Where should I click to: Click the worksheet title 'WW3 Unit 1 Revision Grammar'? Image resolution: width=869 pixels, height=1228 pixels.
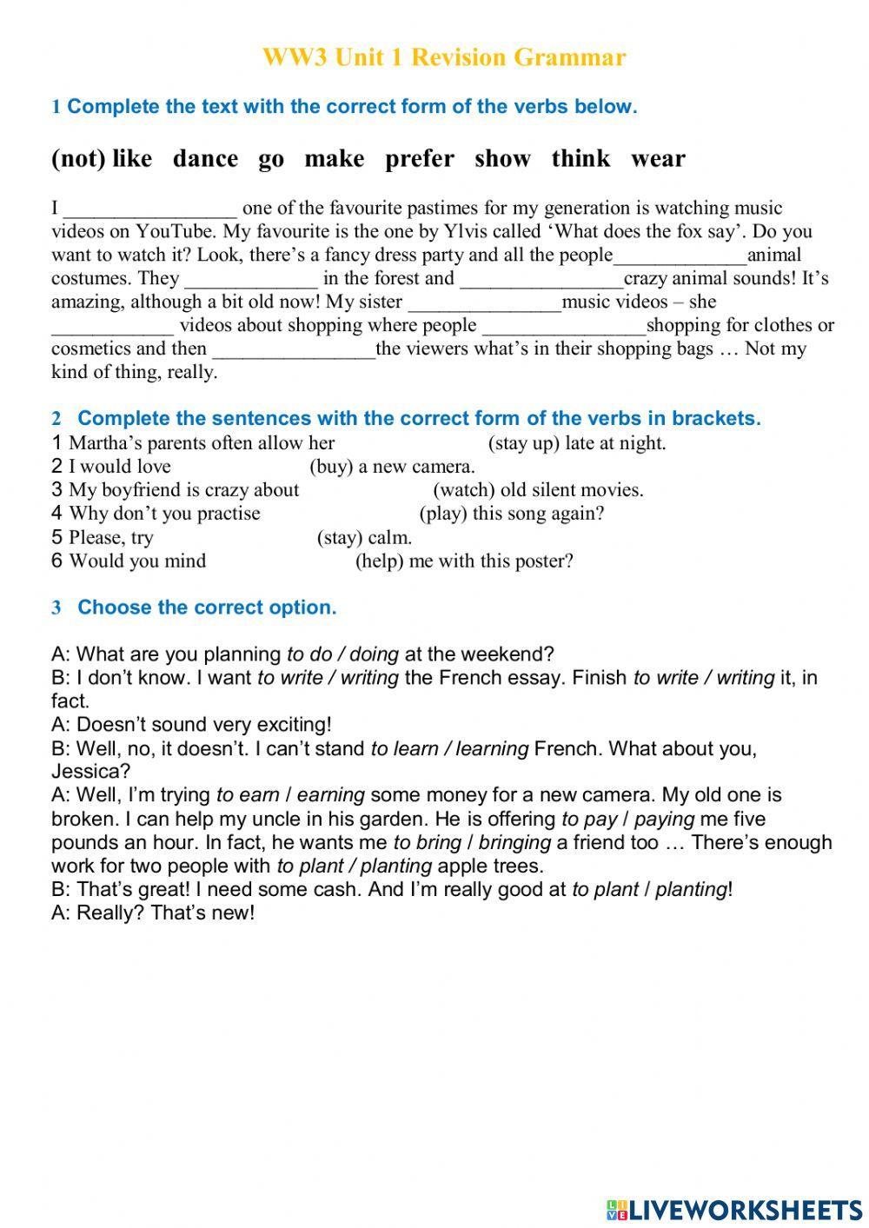click(443, 57)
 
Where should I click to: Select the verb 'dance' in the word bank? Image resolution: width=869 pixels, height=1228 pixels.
click(205, 158)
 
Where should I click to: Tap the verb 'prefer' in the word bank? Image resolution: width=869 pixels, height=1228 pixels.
click(419, 158)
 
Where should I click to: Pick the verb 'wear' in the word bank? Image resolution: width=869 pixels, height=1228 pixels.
click(658, 158)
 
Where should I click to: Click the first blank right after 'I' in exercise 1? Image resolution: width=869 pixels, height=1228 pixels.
click(149, 209)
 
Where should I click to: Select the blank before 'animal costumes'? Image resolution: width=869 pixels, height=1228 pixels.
click(680, 256)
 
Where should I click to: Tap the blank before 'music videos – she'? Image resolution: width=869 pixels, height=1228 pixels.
click(484, 302)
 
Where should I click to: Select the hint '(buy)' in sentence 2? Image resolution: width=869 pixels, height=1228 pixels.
click(329, 467)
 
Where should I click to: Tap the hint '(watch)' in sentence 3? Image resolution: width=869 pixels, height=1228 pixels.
click(463, 490)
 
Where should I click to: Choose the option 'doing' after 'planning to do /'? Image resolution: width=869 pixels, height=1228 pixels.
click(374, 654)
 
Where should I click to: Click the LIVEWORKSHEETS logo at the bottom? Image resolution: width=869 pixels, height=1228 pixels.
click(734, 1209)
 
